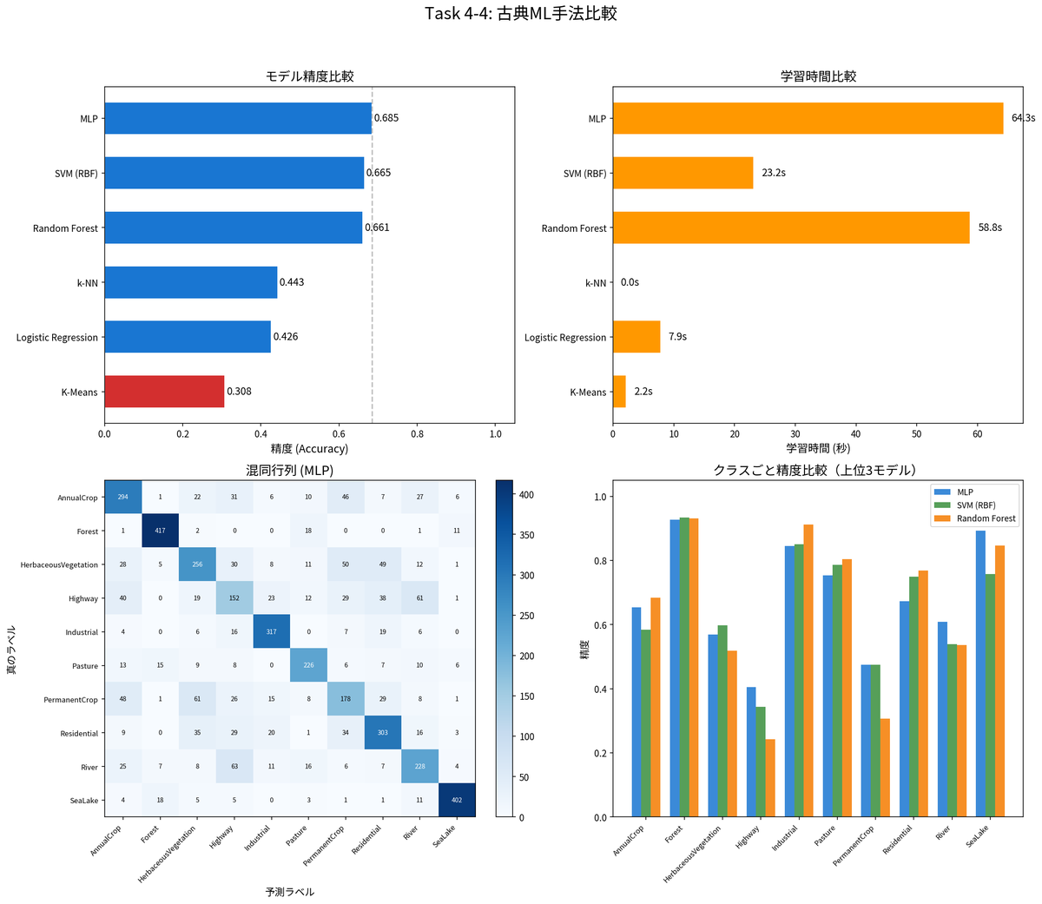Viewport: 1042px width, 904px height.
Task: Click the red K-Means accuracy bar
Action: click(x=164, y=392)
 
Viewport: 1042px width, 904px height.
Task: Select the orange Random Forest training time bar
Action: click(x=790, y=228)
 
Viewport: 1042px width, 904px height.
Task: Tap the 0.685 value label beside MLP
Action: click(x=386, y=118)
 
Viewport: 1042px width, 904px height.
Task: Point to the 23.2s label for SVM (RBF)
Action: click(x=773, y=173)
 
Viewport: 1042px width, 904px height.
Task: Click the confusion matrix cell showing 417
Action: click(x=160, y=531)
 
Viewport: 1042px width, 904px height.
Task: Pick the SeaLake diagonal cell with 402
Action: click(x=457, y=800)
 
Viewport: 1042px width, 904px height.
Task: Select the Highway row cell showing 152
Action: click(x=234, y=598)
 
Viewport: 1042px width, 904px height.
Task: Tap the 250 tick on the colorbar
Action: click(x=526, y=616)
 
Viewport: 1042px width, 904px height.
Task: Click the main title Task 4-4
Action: click(x=521, y=14)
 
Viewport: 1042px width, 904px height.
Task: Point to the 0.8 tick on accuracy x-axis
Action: click(x=418, y=433)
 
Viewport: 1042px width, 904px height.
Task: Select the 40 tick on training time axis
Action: click(x=855, y=433)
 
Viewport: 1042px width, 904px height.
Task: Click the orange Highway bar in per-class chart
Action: click(x=769, y=778)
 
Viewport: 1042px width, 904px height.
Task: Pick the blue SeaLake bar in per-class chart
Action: click(x=980, y=674)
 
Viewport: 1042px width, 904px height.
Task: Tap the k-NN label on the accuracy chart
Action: click(x=87, y=283)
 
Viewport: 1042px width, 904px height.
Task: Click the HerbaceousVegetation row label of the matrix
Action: click(x=59, y=565)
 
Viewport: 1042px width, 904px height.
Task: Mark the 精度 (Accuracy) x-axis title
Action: click(x=309, y=449)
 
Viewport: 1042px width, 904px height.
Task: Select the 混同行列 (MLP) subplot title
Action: click(x=289, y=471)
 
